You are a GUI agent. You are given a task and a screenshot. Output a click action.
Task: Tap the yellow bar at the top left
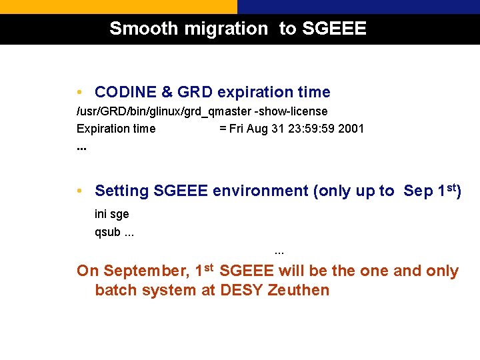(118, 7)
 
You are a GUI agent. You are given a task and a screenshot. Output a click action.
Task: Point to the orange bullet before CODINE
(79, 92)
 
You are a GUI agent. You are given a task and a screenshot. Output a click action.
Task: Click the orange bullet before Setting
(79, 191)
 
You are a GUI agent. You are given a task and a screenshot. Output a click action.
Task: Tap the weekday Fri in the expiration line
(237, 129)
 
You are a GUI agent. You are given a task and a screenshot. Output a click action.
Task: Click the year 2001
(351, 129)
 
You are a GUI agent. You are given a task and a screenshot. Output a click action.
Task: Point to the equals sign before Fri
(223, 129)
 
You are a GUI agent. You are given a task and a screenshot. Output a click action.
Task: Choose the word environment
(261, 191)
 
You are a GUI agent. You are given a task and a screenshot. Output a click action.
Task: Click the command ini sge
(112, 214)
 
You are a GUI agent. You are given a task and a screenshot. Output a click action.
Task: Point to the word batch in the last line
(114, 290)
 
